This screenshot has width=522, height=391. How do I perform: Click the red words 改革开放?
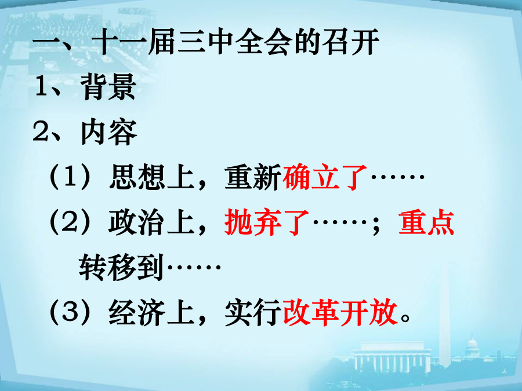pyautogui.click(x=340, y=313)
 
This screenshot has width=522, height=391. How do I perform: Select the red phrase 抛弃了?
pyautogui.click(x=267, y=222)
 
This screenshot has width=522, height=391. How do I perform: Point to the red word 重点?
pyautogui.click(x=426, y=222)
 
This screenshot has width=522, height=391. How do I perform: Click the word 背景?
pyautogui.click(x=108, y=87)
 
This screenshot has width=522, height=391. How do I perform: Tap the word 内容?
pyautogui.click(x=109, y=132)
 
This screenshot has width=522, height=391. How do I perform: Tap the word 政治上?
pyautogui.click(x=151, y=222)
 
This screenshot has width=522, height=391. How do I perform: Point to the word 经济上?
pyautogui.click(x=151, y=313)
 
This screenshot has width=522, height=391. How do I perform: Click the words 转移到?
pyautogui.click(x=122, y=267)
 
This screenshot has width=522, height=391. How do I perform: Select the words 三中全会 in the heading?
pyautogui.click(x=235, y=42)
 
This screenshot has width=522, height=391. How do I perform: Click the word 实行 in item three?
pyautogui.click(x=253, y=313)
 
